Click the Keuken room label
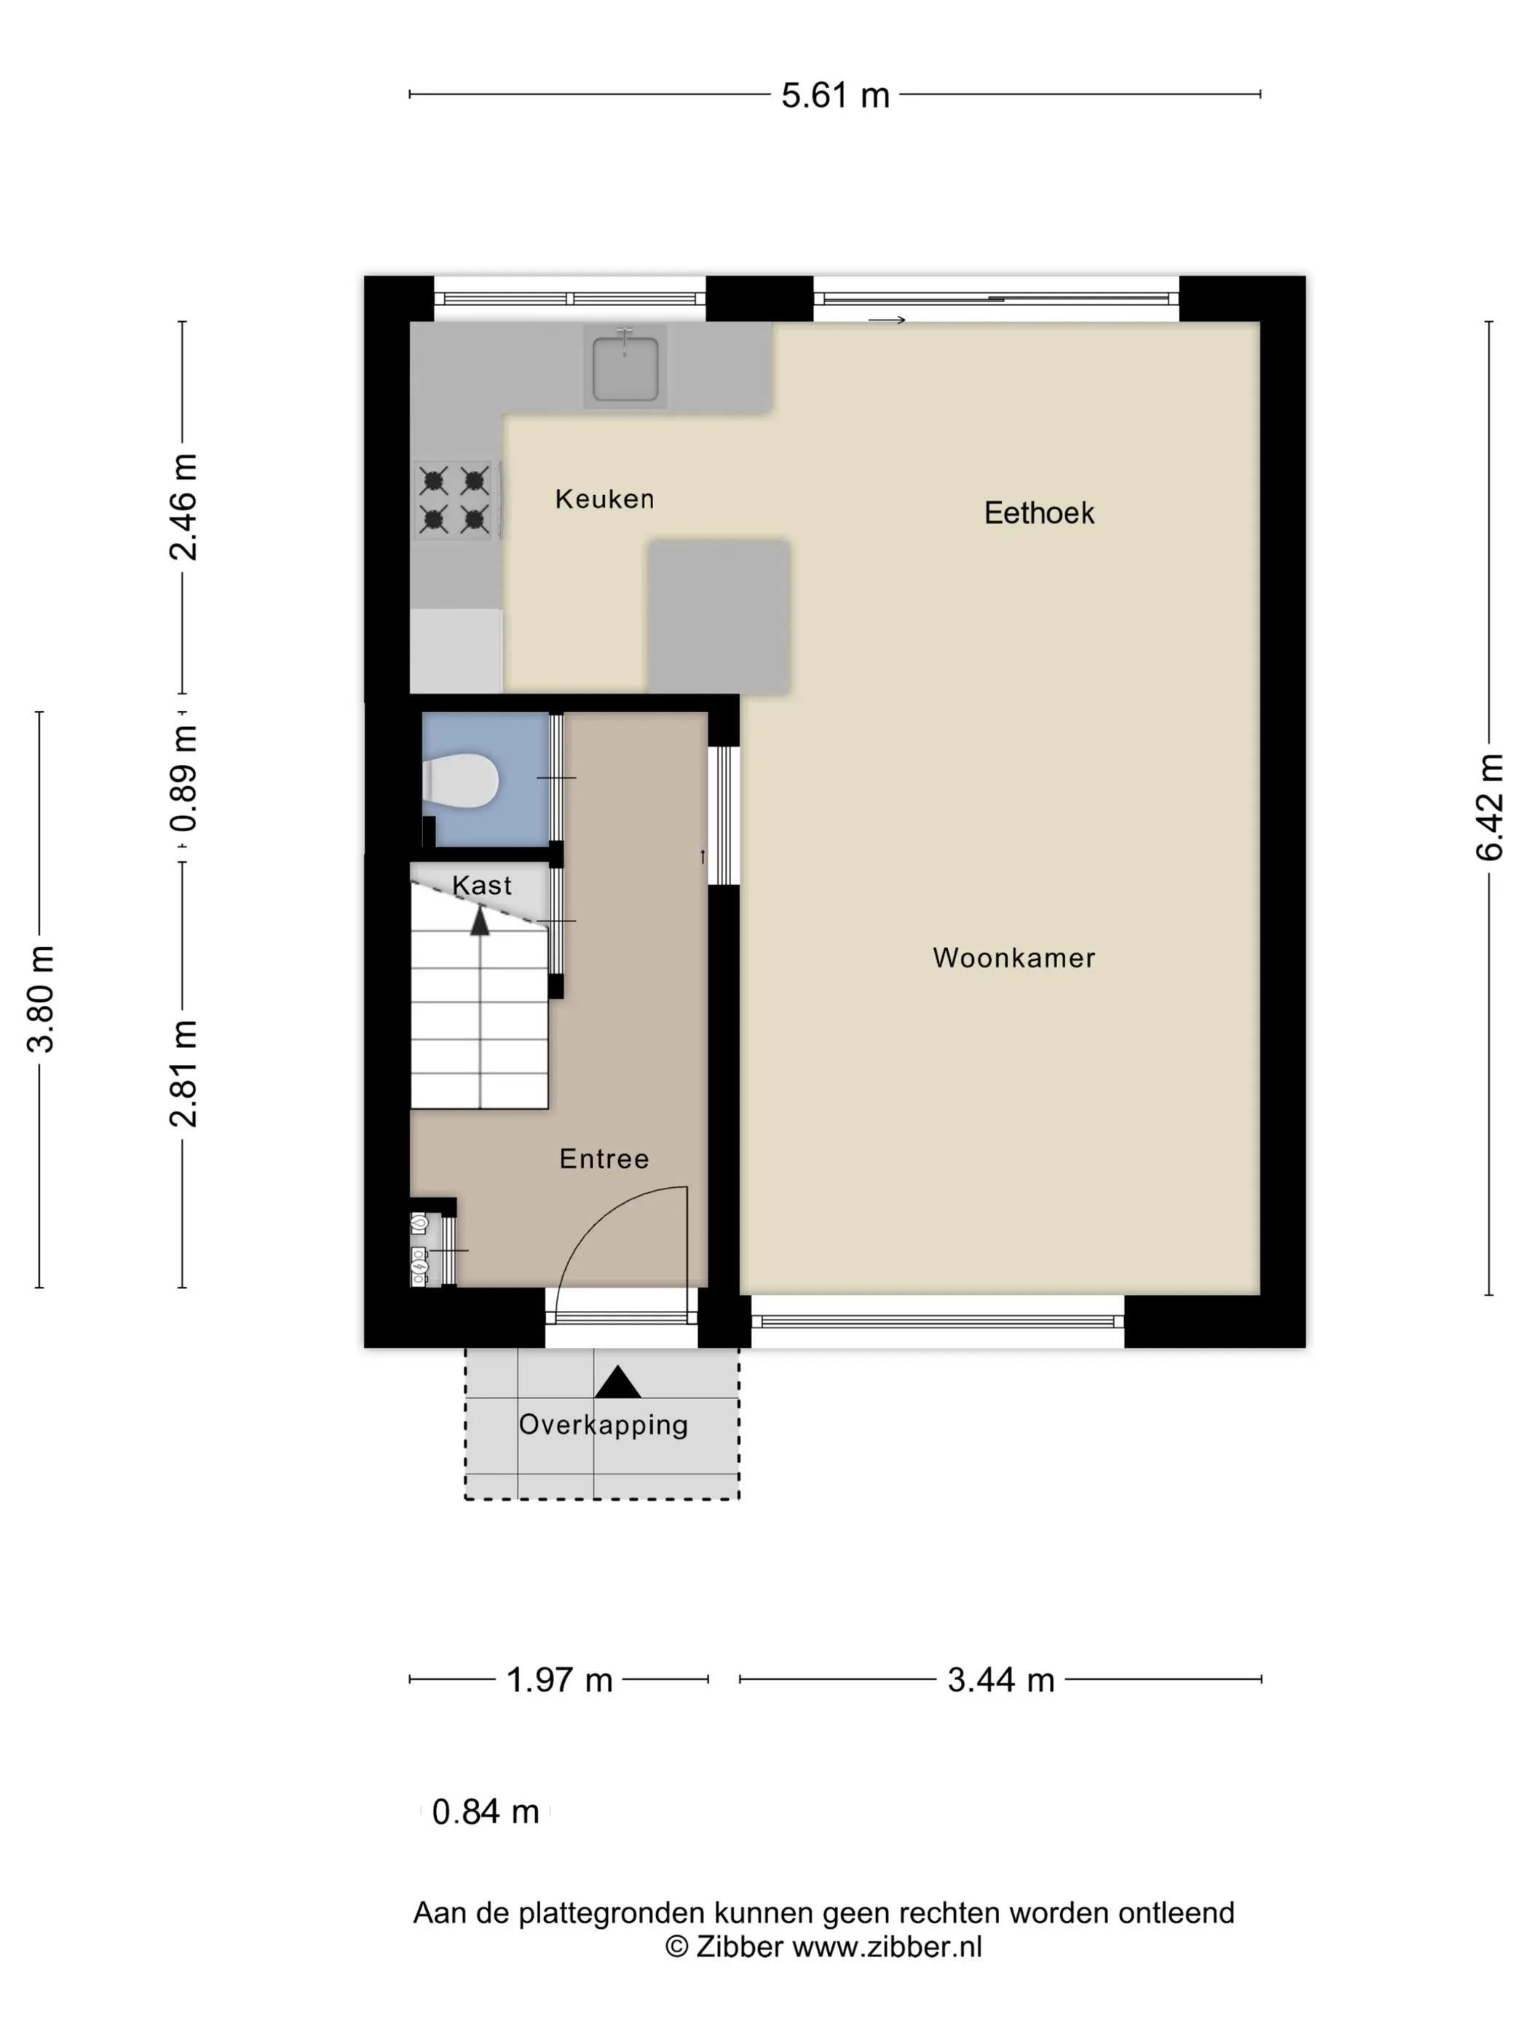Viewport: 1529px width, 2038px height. [x=604, y=499]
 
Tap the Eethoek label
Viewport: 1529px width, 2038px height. [x=1039, y=512]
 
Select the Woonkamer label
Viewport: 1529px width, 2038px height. [x=1014, y=957]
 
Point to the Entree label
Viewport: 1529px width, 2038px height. [x=604, y=1158]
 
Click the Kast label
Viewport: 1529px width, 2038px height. [x=481, y=885]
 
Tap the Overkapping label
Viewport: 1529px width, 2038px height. [x=603, y=1425]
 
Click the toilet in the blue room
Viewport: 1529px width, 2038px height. [x=460, y=780]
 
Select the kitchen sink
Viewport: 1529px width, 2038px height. [x=625, y=367]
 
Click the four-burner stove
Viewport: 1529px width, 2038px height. [x=455, y=499]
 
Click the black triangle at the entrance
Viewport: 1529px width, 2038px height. [x=617, y=1382]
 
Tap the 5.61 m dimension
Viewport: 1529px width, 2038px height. [x=835, y=95]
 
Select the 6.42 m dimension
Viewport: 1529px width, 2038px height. [x=1490, y=807]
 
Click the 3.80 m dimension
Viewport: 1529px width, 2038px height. [x=41, y=999]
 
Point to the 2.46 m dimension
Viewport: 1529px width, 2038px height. [x=183, y=507]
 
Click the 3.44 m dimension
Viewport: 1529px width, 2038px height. [x=1001, y=1680]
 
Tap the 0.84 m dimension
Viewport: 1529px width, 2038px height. [x=485, y=1812]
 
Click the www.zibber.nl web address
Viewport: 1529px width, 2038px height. [x=887, y=1947]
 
